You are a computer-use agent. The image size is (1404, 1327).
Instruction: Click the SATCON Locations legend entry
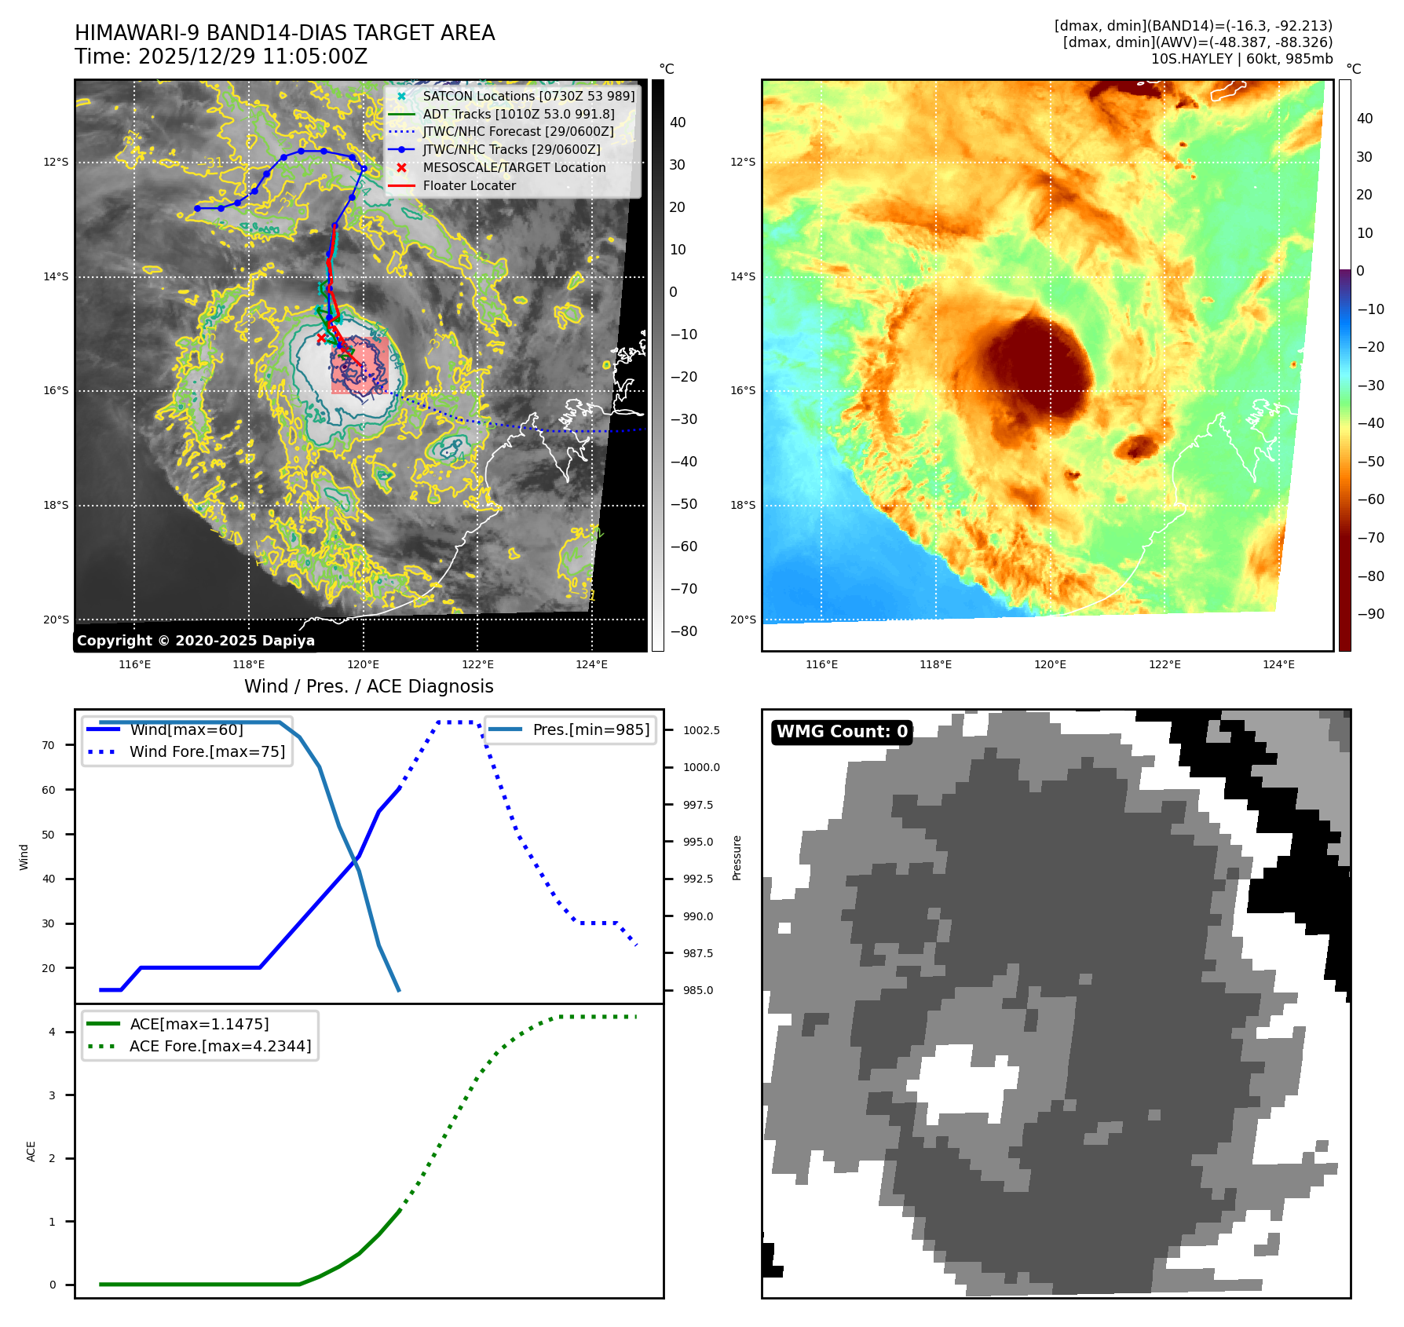[x=528, y=96]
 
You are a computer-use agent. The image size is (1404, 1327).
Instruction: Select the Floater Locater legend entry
[x=469, y=185]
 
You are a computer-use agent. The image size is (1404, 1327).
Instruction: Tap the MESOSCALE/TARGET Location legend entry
[x=514, y=167]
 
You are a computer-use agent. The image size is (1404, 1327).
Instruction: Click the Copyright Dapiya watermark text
[x=196, y=641]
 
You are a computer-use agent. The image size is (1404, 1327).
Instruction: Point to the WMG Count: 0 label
[x=842, y=732]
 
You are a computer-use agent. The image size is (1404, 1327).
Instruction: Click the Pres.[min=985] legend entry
[x=590, y=729]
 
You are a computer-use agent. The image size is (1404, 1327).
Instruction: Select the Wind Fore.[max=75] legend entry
[x=207, y=751]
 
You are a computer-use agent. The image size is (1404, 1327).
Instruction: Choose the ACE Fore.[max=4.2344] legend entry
[x=220, y=1046]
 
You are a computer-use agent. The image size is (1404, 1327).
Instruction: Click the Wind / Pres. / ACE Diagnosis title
[x=369, y=686]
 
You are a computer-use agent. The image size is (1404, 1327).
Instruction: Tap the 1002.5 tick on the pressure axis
[x=701, y=730]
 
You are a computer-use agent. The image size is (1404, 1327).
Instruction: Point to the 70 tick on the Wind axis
[x=49, y=745]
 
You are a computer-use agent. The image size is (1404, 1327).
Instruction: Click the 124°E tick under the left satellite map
[x=591, y=664]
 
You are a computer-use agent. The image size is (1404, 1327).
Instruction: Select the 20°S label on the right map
[x=743, y=620]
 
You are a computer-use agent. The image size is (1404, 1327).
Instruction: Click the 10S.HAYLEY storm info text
[x=1241, y=59]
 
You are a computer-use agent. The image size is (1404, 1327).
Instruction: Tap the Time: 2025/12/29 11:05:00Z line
[x=221, y=57]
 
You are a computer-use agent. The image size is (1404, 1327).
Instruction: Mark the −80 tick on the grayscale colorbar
[x=683, y=631]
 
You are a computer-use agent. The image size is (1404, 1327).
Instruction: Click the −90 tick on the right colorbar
[x=1371, y=614]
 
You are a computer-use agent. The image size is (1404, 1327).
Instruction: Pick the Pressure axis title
[x=737, y=857]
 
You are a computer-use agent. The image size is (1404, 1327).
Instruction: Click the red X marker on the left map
[x=320, y=338]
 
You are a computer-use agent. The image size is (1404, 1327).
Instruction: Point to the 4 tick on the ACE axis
[x=52, y=1032]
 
